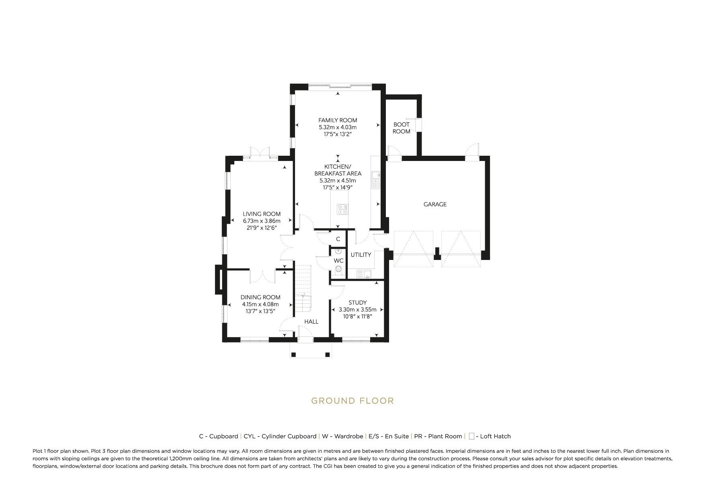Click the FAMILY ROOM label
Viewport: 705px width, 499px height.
click(x=338, y=120)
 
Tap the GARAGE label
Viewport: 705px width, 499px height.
click(x=435, y=204)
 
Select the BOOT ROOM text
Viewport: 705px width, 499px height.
click(x=401, y=128)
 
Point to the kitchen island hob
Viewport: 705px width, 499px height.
click(x=342, y=208)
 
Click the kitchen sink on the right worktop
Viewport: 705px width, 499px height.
click(x=376, y=180)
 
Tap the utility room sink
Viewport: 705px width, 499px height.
click(x=364, y=274)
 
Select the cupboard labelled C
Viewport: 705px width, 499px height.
click(x=338, y=239)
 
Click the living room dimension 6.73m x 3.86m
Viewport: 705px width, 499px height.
click(x=261, y=221)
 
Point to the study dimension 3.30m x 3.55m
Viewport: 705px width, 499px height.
click(x=357, y=309)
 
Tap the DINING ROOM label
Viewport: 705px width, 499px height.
click(x=260, y=297)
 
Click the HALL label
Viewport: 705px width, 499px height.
click(x=311, y=322)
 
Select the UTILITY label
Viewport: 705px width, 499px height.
click(x=361, y=255)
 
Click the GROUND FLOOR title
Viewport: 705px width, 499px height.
click(x=352, y=401)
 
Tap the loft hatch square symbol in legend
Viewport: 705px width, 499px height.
click(x=471, y=436)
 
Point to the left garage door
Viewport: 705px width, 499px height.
click(x=414, y=249)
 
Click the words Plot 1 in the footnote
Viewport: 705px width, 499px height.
click(x=40, y=451)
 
